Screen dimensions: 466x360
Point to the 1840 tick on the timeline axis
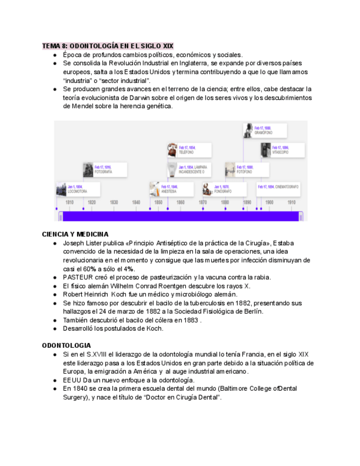136,202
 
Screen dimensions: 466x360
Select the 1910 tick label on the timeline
291,202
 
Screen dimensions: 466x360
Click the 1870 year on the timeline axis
202,202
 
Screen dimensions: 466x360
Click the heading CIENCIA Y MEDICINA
75,234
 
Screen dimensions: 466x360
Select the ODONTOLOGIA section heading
67,345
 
